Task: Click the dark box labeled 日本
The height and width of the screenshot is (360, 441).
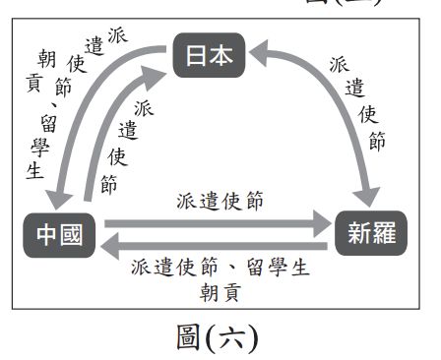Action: (208, 56)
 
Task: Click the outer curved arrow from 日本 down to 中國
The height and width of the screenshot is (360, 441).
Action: (84, 108)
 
